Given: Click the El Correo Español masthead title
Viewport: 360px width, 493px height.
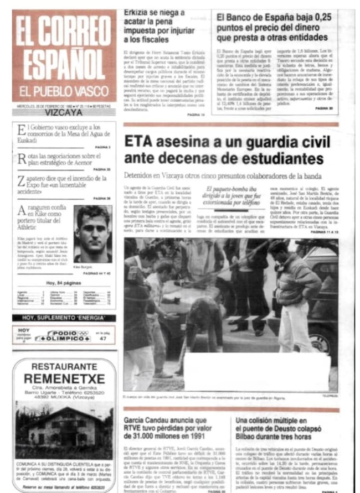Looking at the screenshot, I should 64,48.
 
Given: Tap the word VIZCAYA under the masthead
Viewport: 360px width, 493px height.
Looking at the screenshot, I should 64,111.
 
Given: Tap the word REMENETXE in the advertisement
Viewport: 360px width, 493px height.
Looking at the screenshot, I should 64,379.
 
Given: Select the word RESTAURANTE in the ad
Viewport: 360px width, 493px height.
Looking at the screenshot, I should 64,366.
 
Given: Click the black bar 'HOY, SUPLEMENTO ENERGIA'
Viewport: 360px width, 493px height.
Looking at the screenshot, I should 64,318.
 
